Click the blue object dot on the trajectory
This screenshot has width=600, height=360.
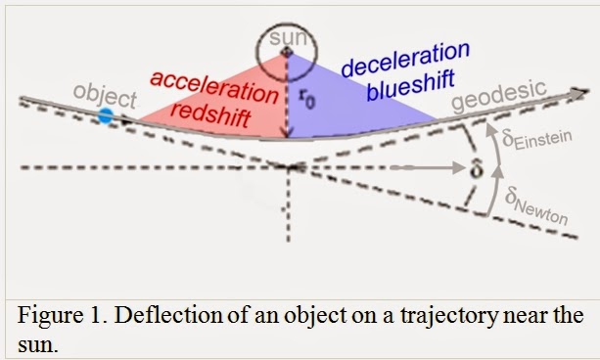pyautogui.click(x=106, y=116)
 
